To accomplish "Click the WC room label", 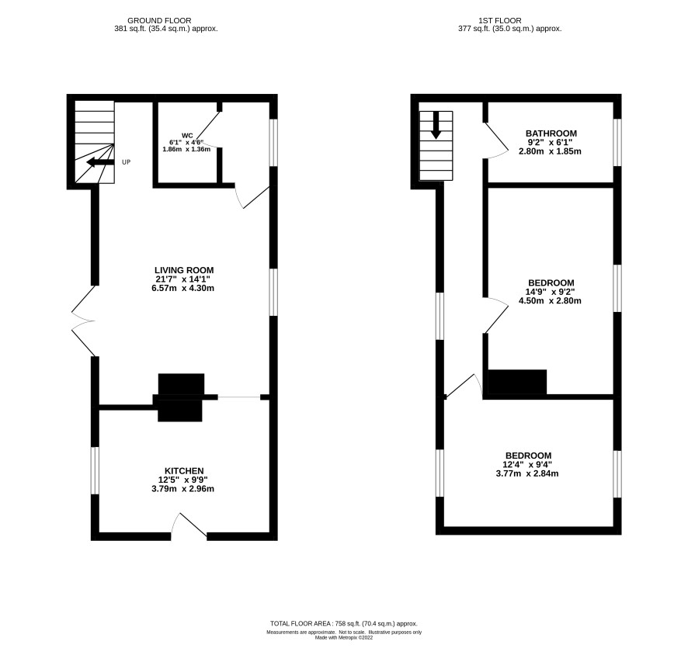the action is point(187,135).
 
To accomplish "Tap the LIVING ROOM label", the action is point(184,270).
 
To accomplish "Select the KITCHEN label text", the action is point(184,471).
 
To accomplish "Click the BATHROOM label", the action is point(551,133).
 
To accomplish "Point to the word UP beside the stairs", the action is point(126,162).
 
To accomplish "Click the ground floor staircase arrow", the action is point(100,163).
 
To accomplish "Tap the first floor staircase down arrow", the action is point(436,126).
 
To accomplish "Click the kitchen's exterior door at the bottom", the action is point(189,525).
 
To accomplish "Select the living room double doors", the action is point(83,321).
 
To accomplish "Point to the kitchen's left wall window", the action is point(94,470).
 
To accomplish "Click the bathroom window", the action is point(617,143).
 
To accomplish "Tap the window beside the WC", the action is point(273,143).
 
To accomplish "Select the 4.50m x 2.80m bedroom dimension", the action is point(550,301).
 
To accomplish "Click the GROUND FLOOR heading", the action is point(159,21).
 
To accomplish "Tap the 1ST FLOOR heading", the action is point(500,21).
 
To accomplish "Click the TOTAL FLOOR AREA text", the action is point(344,623).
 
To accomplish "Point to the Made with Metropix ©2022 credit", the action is point(344,638).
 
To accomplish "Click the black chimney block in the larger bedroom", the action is point(518,383).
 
